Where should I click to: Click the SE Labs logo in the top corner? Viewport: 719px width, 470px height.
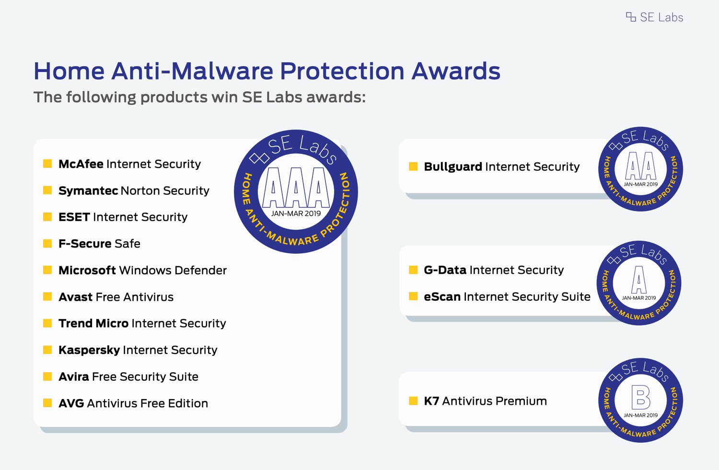pos(654,17)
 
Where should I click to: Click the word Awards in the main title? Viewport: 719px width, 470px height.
pos(456,71)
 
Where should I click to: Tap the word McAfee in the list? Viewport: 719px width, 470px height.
pos(81,164)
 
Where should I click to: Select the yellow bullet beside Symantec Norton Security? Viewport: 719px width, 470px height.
pos(47,190)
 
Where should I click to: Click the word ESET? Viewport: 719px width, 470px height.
pos(74,217)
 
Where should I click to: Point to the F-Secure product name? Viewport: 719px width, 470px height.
pos(85,244)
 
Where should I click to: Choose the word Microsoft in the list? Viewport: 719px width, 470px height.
pos(87,270)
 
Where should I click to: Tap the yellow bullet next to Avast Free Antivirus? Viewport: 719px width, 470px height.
pos(47,296)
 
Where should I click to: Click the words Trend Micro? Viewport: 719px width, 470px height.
pos(93,323)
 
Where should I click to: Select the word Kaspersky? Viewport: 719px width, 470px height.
pos(89,350)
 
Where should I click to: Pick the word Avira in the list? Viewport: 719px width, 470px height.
pos(74,376)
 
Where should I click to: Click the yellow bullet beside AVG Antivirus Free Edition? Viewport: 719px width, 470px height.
pos(47,402)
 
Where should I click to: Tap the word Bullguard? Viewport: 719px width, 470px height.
pos(453,167)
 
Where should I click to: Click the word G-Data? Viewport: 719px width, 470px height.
pos(445,270)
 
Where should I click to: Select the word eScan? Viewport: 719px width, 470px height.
pos(442,296)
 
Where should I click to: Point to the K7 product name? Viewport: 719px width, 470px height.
pos(431,401)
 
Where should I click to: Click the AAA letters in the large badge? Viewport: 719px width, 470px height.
pos(296,188)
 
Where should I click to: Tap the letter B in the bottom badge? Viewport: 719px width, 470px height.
pos(641,397)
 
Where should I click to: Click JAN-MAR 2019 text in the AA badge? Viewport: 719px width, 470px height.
pos(641,184)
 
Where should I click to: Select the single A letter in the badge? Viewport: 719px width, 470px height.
pos(639,280)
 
